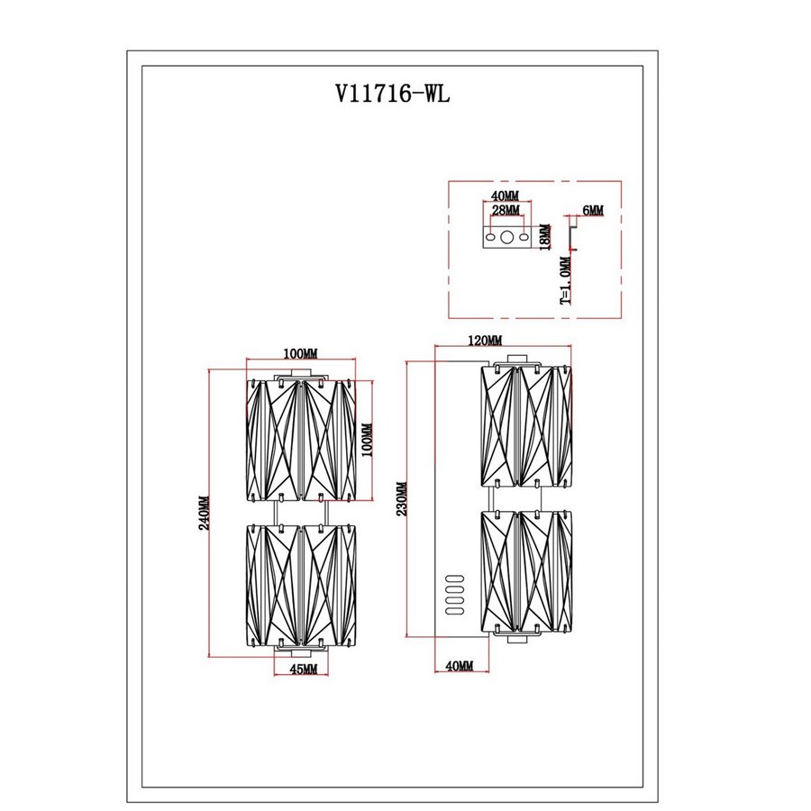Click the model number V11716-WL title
point(393,94)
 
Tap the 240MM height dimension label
point(205,513)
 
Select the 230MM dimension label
point(402,498)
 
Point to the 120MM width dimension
point(485,341)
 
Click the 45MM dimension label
point(303,669)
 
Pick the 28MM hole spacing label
point(506,210)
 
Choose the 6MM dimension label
point(593,210)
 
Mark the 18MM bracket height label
point(544,237)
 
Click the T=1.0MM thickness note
point(566,281)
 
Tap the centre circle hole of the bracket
point(506,237)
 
